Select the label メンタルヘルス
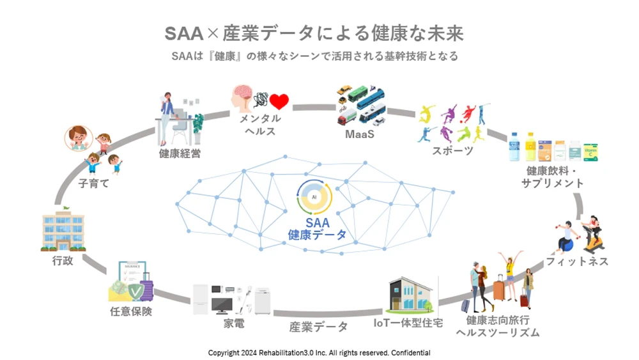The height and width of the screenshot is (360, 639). [x=259, y=125]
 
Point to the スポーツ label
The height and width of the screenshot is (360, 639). [x=452, y=151]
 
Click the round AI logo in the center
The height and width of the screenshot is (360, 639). [x=314, y=197]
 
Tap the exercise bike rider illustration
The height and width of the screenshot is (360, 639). [x=592, y=234]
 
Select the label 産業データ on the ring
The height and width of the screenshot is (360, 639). [x=319, y=327]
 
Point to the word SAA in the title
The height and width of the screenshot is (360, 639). [x=186, y=33]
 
